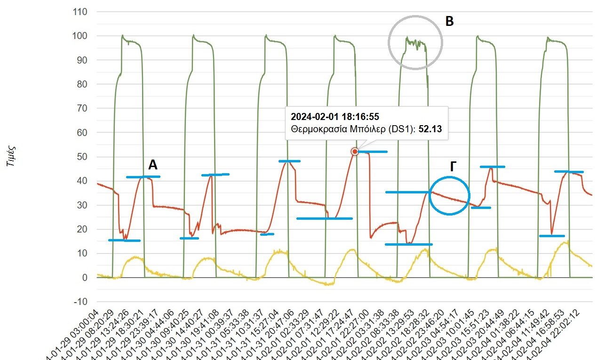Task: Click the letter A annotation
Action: pos(153,165)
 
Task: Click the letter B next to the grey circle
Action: pos(450,22)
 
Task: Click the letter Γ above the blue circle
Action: pos(453,166)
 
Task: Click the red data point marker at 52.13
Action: pos(354,152)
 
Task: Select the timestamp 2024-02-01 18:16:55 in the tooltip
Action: pos(335,116)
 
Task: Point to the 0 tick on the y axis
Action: pos(85,278)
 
